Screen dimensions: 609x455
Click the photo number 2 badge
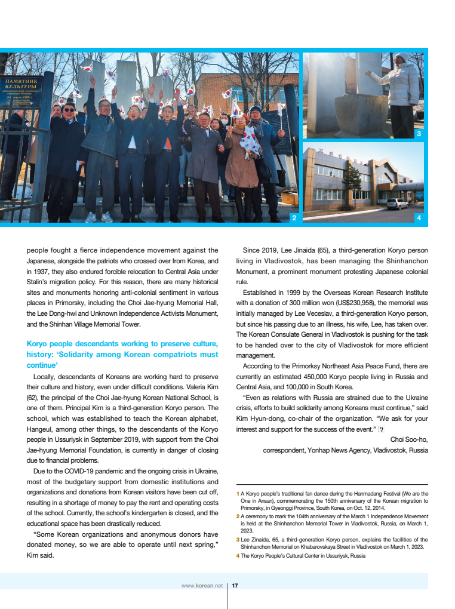(x=293, y=219)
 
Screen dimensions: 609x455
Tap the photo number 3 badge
(x=419, y=134)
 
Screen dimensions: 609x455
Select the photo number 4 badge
(x=419, y=219)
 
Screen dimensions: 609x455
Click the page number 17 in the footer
(x=235, y=586)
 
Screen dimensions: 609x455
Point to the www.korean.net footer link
(x=202, y=586)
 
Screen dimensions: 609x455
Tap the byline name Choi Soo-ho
(x=409, y=439)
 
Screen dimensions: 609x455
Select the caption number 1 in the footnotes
(x=238, y=494)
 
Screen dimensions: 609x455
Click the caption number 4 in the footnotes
(x=238, y=556)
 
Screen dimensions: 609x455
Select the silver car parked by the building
(x=397, y=204)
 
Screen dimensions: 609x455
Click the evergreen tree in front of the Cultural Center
(x=353, y=182)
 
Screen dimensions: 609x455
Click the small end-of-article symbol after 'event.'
(x=381, y=429)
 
